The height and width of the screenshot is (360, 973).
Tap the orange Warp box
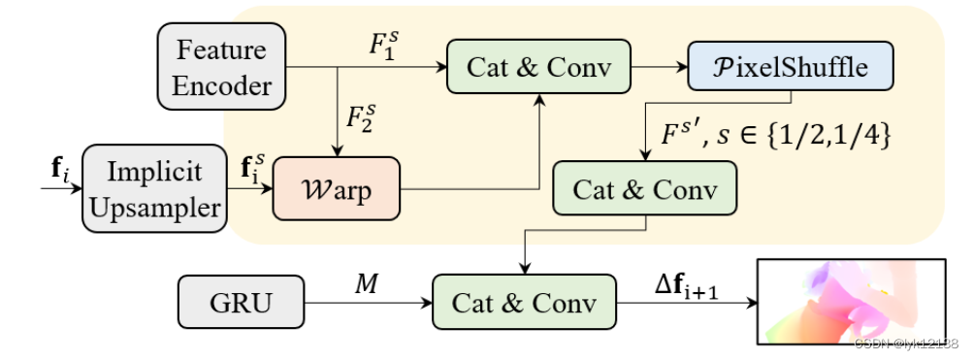[x=337, y=189]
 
